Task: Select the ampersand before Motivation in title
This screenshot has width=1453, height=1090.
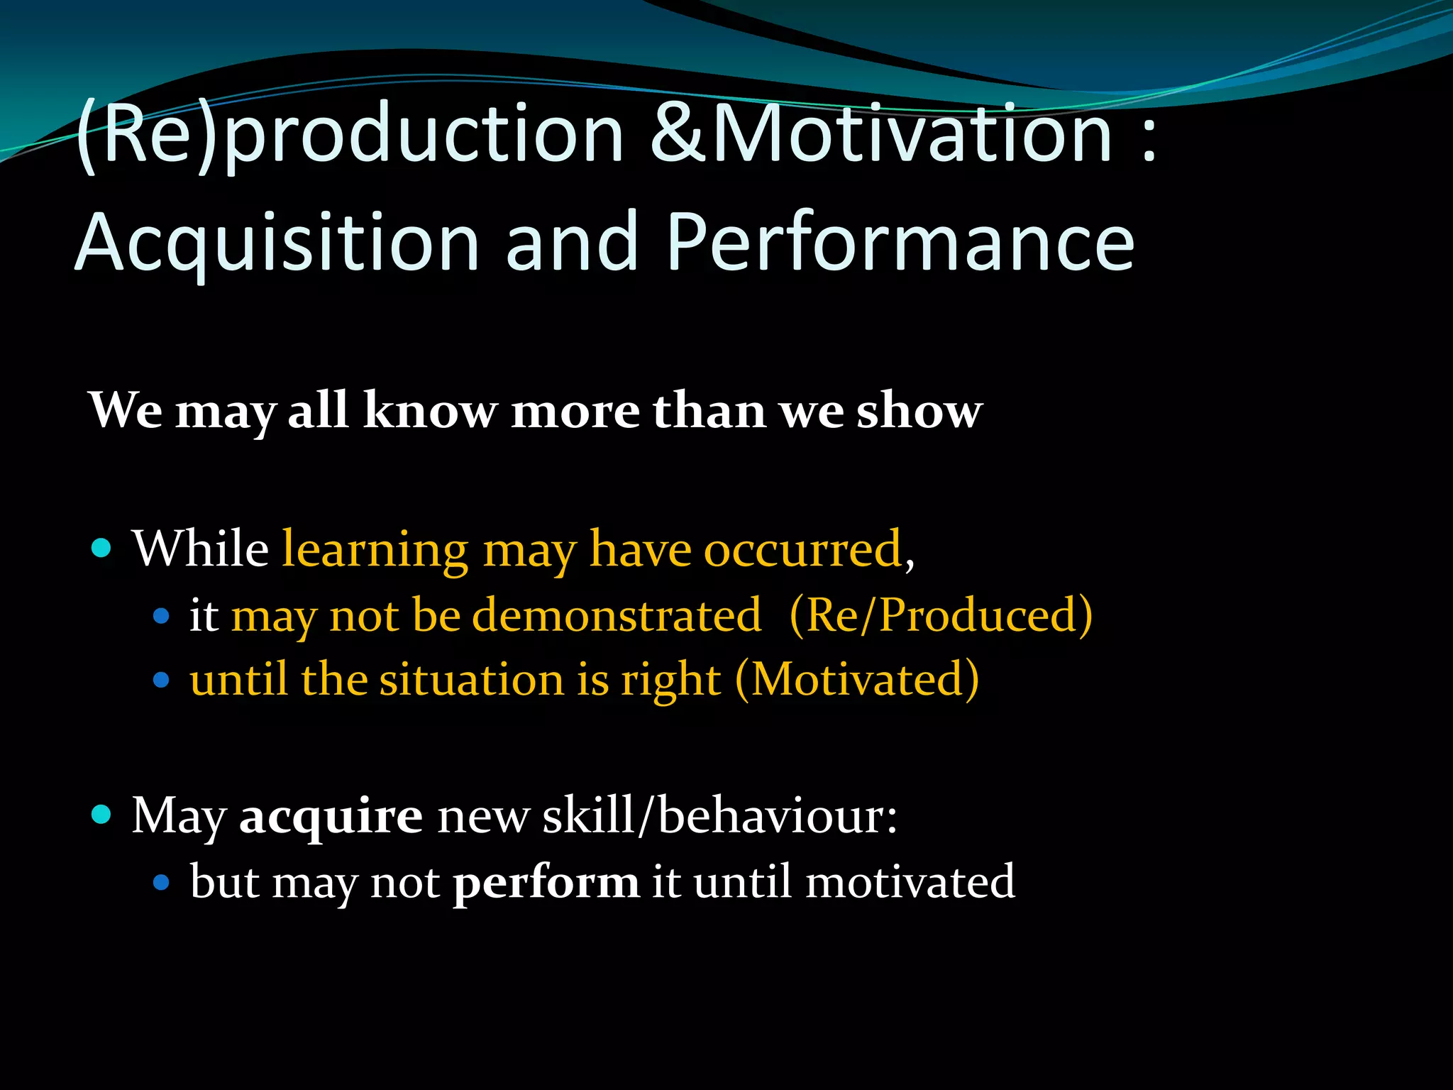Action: coord(680,133)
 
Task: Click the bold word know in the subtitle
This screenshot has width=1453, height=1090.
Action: coord(430,411)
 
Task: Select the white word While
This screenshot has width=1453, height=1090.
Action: coord(201,549)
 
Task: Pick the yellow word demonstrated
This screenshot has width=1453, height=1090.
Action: coord(617,615)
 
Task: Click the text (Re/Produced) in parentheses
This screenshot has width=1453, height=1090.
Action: coord(941,615)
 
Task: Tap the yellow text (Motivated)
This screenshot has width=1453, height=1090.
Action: coord(857,680)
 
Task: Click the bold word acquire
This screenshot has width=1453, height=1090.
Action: coord(331,816)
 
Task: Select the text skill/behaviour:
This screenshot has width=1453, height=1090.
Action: coord(719,816)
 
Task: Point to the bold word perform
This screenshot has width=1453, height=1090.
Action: coord(546,882)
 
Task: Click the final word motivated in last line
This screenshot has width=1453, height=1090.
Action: coord(910,882)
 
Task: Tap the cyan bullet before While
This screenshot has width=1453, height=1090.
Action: coord(102,548)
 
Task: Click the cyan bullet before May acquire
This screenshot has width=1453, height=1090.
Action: coord(102,815)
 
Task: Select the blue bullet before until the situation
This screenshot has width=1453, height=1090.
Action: coord(162,680)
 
